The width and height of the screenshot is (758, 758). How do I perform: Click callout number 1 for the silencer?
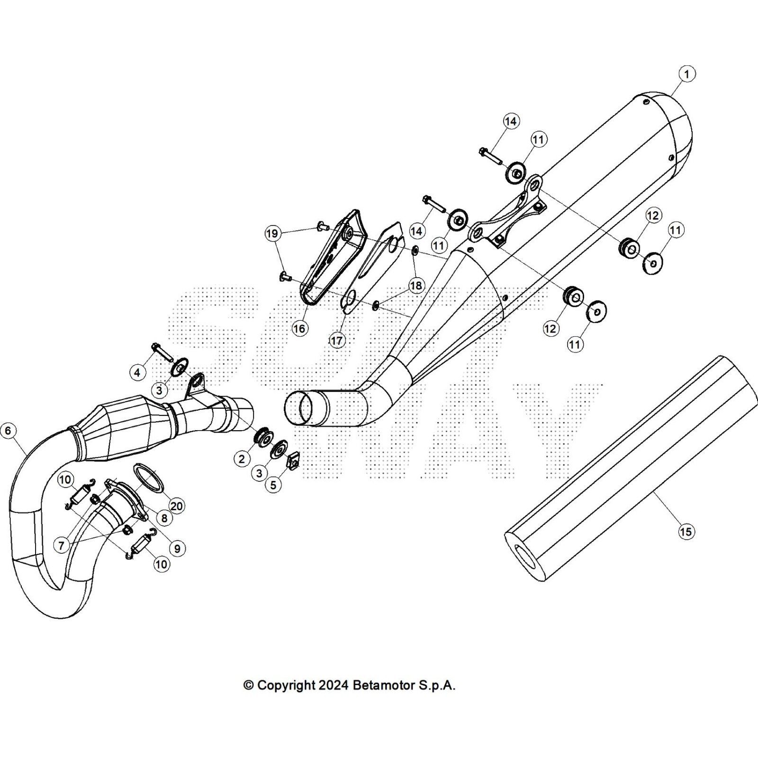click(686, 74)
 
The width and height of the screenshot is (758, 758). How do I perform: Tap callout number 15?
click(686, 532)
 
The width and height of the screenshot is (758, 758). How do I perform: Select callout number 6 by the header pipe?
click(8, 431)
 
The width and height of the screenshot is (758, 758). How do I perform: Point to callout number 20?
click(177, 506)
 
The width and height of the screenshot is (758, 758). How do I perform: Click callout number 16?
click(299, 328)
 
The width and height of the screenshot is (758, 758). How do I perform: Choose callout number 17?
click(337, 341)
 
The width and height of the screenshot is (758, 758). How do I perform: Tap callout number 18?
click(416, 286)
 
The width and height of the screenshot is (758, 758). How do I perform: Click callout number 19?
click(271, 234)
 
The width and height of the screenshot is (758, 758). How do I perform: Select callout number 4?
click(137, 373)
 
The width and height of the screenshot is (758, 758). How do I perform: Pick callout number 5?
click(273, 485)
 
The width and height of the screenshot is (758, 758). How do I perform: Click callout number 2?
click(242, 459)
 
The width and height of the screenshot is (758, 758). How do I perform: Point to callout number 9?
click(177, 549)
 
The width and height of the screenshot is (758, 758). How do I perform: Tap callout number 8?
click(164, 518)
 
